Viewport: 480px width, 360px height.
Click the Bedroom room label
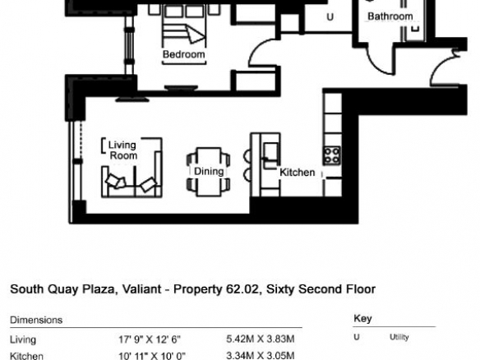(183, 54)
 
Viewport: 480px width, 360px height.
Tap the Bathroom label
(390, 16)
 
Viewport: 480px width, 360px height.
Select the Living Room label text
(122, 150)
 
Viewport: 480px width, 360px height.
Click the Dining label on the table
(209, 171)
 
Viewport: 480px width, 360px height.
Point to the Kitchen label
(298, 173)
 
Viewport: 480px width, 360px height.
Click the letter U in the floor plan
(330, 16)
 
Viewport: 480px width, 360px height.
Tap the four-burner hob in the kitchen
(332, 155)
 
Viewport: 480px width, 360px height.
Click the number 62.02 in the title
(242, 289)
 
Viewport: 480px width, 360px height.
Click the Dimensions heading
(36, 321)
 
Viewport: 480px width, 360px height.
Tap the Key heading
(362, 319)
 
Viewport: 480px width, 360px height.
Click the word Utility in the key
(399, 337)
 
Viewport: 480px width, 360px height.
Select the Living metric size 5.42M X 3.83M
(261, 339)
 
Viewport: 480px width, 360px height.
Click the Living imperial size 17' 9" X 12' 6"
(150, 339)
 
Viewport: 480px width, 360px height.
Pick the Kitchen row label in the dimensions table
(26, 356)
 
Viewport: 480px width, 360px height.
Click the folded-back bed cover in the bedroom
(195, 35)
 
